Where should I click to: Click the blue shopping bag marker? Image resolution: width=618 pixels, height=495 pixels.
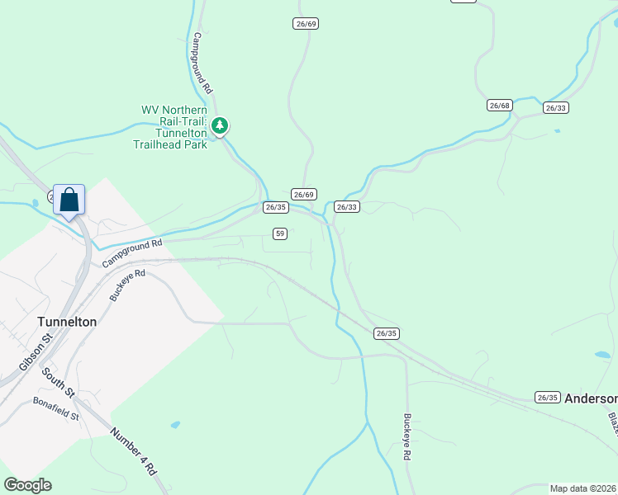[69, 200]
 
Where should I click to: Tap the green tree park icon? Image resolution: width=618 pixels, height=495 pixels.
[220, 126]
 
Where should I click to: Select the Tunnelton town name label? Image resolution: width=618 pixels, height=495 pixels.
[68, 322]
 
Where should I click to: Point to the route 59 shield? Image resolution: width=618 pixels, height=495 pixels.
[280, 233]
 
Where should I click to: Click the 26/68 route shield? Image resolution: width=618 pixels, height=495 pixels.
[500, 105]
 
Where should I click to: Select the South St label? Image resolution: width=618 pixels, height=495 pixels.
[59, 381]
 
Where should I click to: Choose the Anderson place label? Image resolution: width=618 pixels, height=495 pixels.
[591, 397]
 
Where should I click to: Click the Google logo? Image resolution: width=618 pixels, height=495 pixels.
[27, 484]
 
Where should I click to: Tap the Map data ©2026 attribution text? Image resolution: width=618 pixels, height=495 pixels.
[582, 488]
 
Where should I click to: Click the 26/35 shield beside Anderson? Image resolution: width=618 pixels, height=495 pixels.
[547, 397]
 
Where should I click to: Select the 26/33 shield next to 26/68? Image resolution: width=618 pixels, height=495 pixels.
[556, 107]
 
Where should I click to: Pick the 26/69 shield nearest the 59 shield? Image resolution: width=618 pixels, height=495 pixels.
[304, 194]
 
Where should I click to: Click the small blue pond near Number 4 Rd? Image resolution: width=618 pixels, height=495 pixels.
[175, 425]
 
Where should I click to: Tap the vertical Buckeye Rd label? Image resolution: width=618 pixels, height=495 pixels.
[407, 436]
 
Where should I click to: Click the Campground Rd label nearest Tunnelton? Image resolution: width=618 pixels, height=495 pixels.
[132, 253]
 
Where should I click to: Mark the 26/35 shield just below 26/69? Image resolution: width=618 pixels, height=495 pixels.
[276, 207]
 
